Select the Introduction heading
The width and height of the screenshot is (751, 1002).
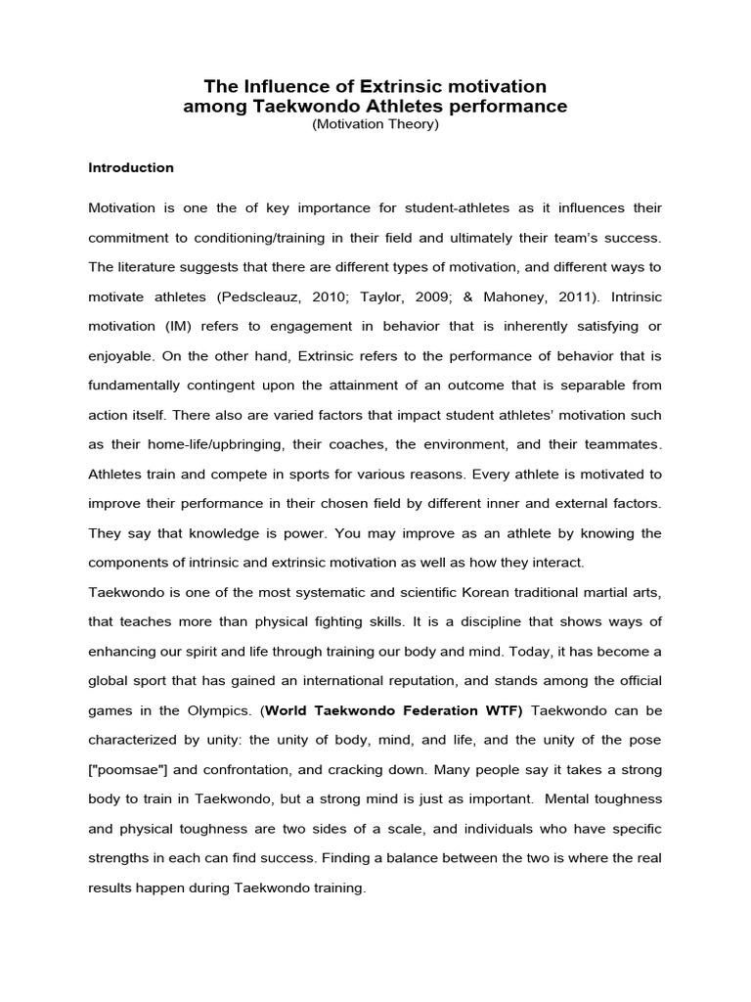click(x=131, y=167)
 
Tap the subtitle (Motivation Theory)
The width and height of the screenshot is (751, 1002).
click(x=375, y=125)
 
